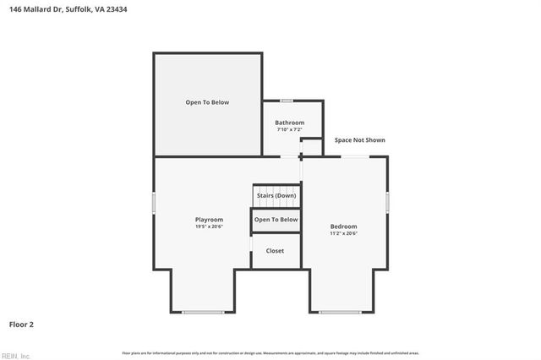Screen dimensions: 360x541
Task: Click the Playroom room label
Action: (x=209, y=220)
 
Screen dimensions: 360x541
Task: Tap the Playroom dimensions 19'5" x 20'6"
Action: (x=209, y=226)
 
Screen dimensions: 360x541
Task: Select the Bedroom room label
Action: (x=343, y=226)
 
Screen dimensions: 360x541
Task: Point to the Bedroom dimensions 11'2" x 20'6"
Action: (x=343, y=233)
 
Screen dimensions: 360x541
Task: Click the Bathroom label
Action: (x=289, y=123)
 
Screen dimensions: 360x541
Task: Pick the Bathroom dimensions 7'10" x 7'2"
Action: (x=289, y=129)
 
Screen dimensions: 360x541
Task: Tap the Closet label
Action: (x=276, y=251)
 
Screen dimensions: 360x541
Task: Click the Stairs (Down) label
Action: (x=276, y=195)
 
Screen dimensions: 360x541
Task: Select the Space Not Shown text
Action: (x=359, y=140)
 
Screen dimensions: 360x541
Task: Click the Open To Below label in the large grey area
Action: (x=207, y=102)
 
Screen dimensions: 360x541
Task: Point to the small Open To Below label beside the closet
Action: (x=276, y=220)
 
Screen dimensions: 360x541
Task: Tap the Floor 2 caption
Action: (x=21, y=324)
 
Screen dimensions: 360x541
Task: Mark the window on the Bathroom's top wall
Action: (x=287, y=101)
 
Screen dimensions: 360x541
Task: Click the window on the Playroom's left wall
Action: (x=154, y=203)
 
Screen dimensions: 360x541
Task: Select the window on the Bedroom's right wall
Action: (x=388, y=202)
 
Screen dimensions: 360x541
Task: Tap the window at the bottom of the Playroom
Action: (x=204, y=313)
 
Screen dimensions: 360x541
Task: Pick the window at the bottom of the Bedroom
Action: (x=340, y=313)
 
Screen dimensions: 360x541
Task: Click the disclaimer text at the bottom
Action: (x=270, y=352)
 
